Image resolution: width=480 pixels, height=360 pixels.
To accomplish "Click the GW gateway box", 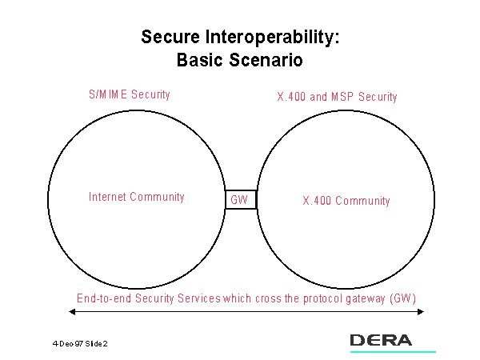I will (240, 199).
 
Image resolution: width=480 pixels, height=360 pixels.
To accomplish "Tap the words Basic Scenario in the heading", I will (239, 59).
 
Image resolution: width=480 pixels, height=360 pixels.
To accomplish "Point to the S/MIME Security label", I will (129, 94).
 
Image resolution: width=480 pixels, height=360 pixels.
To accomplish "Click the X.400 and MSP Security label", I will (337, 97).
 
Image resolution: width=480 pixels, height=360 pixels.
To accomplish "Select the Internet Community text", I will (136, 197).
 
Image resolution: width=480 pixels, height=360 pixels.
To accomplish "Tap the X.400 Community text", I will (346, 201).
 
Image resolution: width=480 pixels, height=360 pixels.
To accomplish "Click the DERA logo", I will (381, 340).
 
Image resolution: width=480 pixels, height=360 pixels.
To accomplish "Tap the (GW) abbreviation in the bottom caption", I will (404, 298).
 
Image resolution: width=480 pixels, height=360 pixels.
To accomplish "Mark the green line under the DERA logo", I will (393, 351).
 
